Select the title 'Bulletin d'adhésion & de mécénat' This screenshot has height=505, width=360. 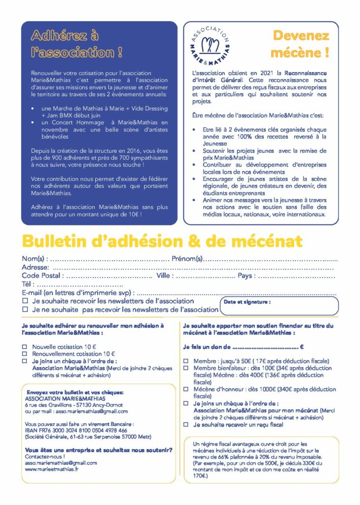point(162,241)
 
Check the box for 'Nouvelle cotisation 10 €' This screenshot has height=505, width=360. point(25,347)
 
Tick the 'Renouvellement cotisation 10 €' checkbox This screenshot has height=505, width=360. point(25,354)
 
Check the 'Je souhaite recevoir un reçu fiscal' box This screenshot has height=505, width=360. point(186,424)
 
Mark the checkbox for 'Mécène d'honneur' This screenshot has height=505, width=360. point(186,389)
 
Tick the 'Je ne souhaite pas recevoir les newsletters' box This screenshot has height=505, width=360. point(25,310)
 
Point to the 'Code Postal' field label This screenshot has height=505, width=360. point(42,276)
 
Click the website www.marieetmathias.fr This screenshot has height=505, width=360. point(52,469)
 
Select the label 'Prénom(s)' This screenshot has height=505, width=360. point(187,259)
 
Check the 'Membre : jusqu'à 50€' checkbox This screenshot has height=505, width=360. point(186,361)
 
